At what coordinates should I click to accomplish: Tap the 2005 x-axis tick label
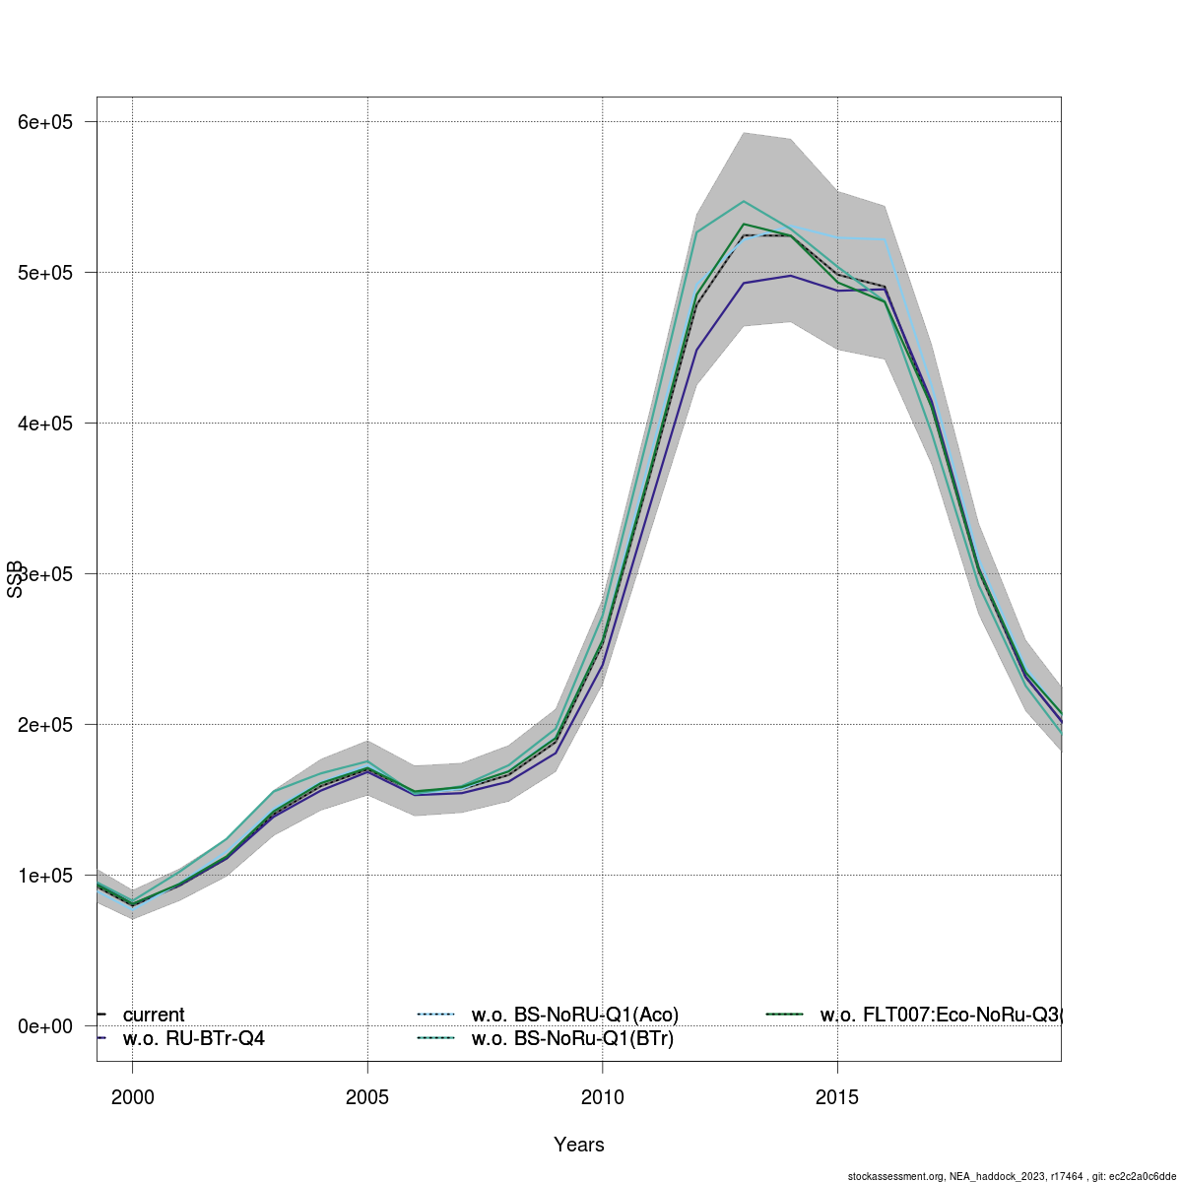[367, 1097]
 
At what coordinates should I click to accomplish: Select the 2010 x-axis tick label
[602, 1097]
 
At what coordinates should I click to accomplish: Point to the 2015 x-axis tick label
[837, 1097]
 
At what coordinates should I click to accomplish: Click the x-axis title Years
[579, 1145]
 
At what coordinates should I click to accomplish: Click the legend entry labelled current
[153, 1015]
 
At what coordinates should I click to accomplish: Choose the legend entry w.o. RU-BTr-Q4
[193, 1038]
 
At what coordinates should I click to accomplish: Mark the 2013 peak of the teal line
[744, 201]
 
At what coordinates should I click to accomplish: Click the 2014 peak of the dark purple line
[790, 276]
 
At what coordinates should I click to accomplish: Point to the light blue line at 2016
[884, 239]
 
